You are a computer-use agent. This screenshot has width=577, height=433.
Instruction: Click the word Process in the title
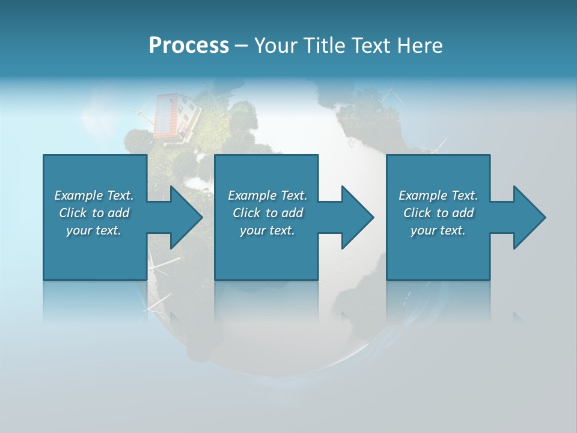[189, 46]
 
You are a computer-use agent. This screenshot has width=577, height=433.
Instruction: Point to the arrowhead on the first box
[184, 217]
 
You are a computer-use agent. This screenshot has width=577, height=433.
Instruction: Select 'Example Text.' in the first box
[94, 195]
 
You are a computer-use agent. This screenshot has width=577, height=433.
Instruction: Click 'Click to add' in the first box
[94, 213]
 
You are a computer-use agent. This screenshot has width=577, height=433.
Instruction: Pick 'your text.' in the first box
[94, 230]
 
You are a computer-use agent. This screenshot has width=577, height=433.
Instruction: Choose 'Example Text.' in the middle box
[267, 195]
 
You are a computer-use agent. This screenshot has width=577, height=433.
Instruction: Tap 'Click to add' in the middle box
[267, 213]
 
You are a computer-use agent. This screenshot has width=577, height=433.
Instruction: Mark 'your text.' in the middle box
[267, 230]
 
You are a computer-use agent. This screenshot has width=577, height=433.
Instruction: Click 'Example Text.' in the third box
[438, 195]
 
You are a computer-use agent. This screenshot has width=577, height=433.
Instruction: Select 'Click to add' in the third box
[438, 213]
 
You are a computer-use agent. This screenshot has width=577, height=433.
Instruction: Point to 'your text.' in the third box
[438, 230]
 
